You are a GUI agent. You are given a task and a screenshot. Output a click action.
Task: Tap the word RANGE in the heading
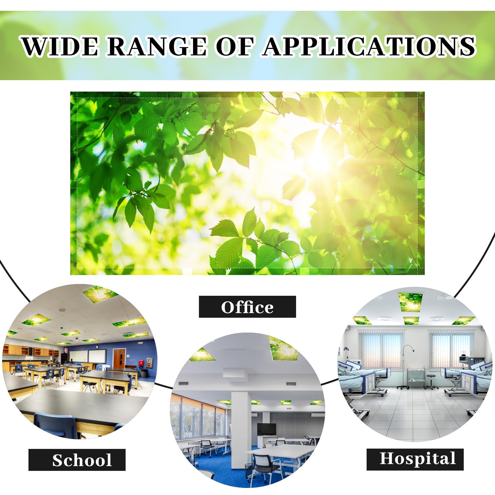click(x=157, y=46)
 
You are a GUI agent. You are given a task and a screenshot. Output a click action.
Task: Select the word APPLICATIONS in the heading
click(x=369, y=46)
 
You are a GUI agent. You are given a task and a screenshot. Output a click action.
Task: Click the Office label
click(x=247, y=307)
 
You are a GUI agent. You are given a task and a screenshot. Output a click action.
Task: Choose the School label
click(x=82, y=460)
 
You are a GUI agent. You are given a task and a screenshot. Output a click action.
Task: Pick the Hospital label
click(x=418, y=458)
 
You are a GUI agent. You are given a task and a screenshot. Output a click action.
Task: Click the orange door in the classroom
click(x=119, y=359)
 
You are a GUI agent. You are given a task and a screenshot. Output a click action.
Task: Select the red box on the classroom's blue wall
click(x=141, y=362)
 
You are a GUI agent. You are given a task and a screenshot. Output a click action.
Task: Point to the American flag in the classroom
click(x=66, y=351)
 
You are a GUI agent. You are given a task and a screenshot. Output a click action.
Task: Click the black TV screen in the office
click(x=267, y=429)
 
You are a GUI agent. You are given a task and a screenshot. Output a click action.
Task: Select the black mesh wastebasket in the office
click(x=249, y=470)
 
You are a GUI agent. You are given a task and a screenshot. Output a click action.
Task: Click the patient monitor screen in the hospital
click(x=463, y=358)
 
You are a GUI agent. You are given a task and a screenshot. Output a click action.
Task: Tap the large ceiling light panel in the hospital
click(x=411, y=301)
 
